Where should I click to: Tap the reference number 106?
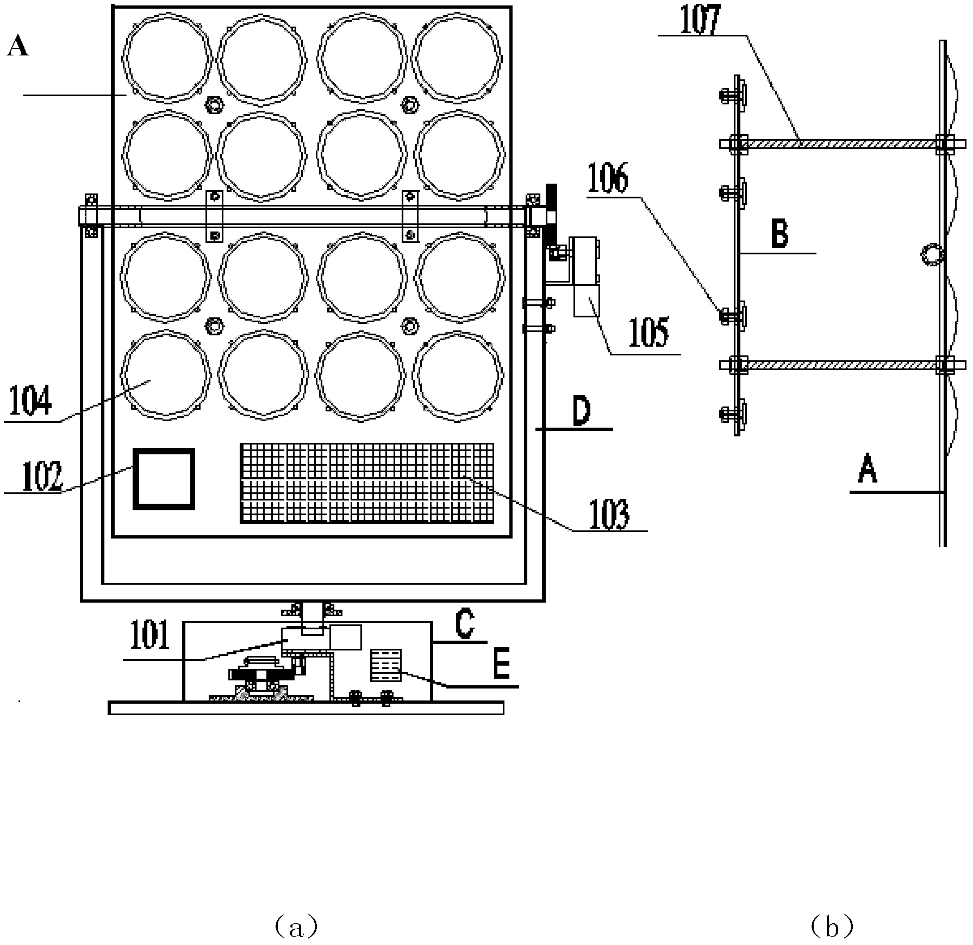609,180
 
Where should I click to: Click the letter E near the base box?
501,666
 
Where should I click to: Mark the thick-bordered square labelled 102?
164,479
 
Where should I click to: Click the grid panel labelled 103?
367,483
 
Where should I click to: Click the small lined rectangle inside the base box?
385,665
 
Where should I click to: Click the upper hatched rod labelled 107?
841,143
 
